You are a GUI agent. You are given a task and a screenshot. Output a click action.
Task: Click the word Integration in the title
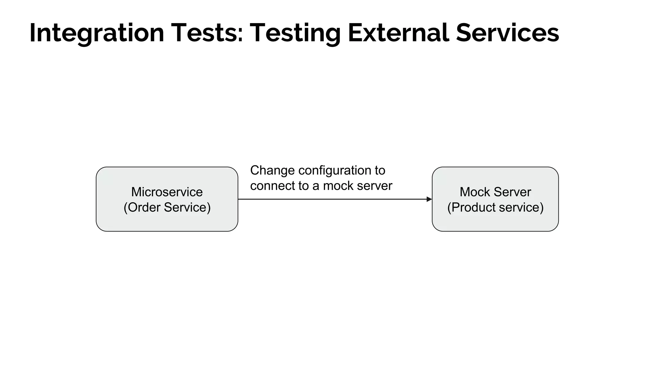point(97,33)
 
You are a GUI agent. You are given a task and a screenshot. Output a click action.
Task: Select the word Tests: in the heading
point(207,33)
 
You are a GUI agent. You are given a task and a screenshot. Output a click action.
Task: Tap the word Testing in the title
point(295,33)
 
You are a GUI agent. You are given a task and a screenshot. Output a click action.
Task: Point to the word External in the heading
point(398,33)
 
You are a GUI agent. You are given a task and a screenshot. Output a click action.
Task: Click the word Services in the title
point(507,33)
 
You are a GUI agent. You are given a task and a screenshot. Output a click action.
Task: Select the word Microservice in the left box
point(167,192)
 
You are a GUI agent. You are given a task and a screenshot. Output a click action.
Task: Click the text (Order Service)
point(167,207)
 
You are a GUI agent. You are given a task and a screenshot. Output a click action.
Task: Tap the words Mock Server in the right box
point(495,192)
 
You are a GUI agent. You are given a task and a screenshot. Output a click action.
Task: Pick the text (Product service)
point(495,207)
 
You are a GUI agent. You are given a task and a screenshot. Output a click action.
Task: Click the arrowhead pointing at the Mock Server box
point(429,199)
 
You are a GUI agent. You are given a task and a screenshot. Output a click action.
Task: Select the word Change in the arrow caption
point(272,170)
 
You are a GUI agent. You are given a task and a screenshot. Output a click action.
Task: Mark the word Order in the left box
point(144,207)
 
